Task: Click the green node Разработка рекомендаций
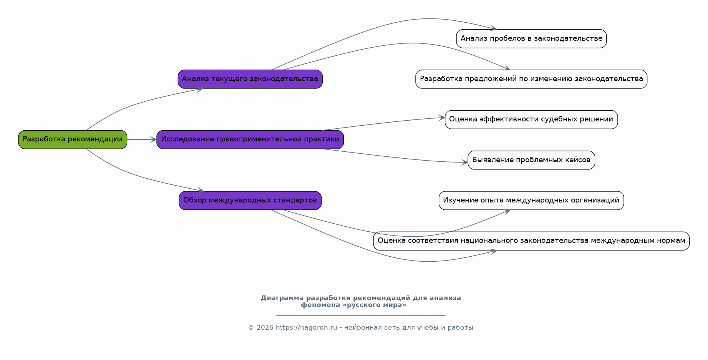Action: click(73, 139)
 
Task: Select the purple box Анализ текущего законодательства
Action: click(250, 79)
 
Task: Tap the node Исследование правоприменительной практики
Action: click(250, 139)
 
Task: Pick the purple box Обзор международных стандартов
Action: click(250, 201)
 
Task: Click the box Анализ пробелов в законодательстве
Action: click(531, 39)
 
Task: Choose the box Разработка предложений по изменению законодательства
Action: click(531, 79)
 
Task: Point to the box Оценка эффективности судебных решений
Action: click(531, 119)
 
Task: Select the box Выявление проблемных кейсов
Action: click(531, 160)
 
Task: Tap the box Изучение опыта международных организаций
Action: click(531, 201)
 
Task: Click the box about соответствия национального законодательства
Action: click(531, 241)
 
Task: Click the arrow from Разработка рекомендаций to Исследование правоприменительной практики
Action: click(142, 139)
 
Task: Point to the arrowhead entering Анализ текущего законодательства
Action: click(200, 90)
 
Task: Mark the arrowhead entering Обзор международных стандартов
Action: click(200, 190)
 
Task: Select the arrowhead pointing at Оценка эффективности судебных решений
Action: click(441, 118)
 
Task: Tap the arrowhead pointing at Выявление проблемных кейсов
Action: click(464, 163)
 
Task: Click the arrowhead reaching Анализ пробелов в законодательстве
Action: click(493, 28)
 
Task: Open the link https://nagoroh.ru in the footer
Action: click(307, 328)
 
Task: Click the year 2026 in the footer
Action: click(264, 328)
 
